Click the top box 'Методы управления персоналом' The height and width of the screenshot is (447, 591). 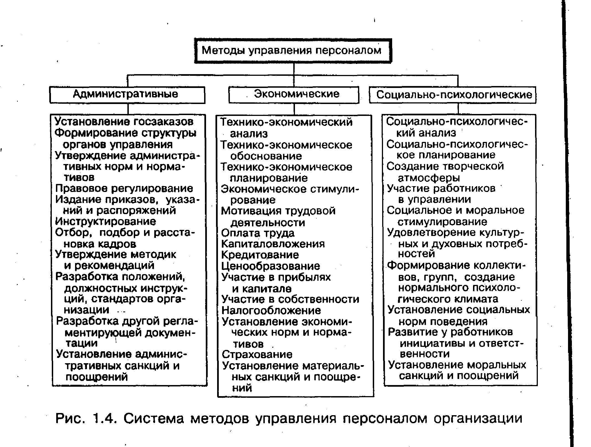[293, 51]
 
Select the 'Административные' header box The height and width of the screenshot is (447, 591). [127, 95]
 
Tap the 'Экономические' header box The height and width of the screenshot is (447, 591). [294, 95]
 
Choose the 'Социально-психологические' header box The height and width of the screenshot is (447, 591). [453, 95]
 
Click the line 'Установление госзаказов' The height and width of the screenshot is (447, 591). [124, 121]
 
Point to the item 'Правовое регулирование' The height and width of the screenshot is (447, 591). [124, 188]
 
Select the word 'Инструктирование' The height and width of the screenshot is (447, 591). [106, 221]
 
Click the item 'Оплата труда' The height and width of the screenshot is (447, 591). [258, 233]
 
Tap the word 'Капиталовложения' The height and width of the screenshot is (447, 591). [273, 244]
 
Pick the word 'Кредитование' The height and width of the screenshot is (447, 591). [260, 255]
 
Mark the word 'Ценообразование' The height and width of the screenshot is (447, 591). [271, 266]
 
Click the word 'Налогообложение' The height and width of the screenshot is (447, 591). [271, 310]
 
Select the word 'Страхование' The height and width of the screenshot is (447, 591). [257, 354]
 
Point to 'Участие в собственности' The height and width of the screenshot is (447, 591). [290, 299]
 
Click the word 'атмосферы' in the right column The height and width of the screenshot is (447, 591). [429, 178]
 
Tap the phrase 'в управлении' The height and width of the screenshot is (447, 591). [434, 199]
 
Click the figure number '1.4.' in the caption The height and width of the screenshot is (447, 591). [105, 419]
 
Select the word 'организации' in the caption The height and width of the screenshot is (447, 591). [477, 419]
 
